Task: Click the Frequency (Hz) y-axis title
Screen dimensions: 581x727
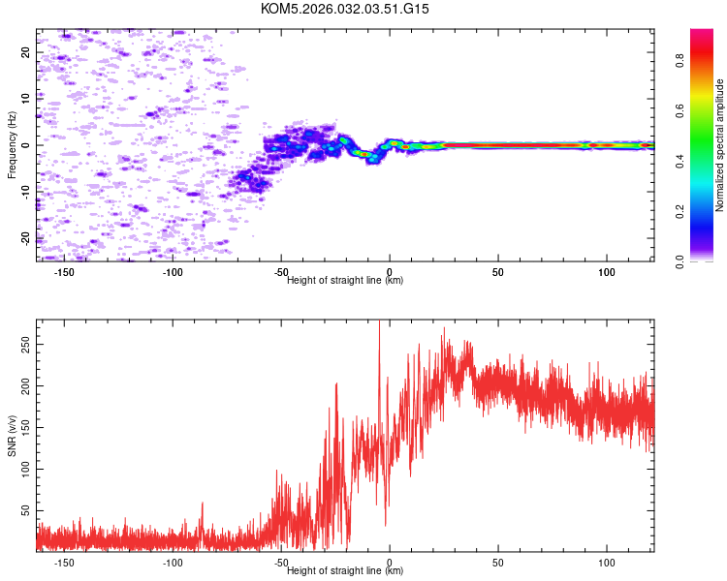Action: pos(12,145)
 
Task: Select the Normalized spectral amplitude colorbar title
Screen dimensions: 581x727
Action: pos(720,145)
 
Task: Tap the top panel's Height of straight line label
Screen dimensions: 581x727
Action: pos(345,280)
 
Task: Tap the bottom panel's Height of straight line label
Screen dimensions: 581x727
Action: pos(345,570)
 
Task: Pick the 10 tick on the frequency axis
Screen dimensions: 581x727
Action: pos(26,99)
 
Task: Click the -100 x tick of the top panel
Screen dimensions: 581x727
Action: pos(174,272)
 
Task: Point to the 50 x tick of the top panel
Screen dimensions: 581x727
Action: pos(498,272)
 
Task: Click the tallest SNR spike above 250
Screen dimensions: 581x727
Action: pos(379,325)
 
